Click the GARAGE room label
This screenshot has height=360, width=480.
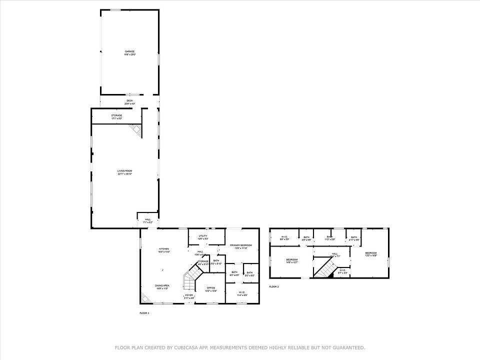pyautogui.click(x=129, y=51)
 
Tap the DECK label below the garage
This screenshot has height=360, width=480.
pyautogui.click(x=129, y=101)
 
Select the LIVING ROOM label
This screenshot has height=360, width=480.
pyautogui.click(x=125, y=171)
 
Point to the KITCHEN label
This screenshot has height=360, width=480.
pyautogui.click(x=164, y=248)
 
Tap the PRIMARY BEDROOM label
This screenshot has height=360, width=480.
pyautogui.click(x=241, y=245)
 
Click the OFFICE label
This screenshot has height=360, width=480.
pyautogui.click(x=211, y=288)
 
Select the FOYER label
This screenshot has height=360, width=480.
pyautogui.click(x=189, y=295)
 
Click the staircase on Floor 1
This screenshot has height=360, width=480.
pyautogui.click(x=191, y=278)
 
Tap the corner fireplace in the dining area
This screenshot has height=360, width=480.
pyautogui.click(x=144, y=298)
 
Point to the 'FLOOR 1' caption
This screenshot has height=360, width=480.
pyautogui.click(x=144, y=312)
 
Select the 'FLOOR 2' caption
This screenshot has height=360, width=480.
pyautogui.click(x=274, y=286)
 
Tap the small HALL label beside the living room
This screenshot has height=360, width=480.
pyautogui.click(x=148, y=219)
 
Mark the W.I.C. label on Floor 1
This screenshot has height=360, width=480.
pyautogui.click(x=241, y=292)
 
